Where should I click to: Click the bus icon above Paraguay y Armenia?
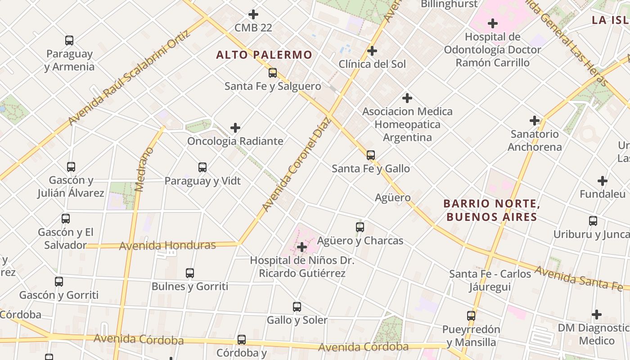click(x=69, y=40)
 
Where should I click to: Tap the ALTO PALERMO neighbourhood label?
click(x=264, y=55)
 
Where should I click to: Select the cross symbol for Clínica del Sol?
click(x=372, y=51)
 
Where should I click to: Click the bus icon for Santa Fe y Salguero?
click(x=273, y=73)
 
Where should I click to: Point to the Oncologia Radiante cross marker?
click(x=235, y=128)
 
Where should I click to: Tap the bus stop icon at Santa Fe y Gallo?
click(x=371, y=155)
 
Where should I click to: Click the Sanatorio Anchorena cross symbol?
click(x=535, y=121)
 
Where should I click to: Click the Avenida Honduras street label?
click(x=167, y=246)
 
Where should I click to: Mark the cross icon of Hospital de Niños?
click(x=302, y=247)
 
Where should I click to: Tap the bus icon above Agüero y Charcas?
click(x=360, y=227)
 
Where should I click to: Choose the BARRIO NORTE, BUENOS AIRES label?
click(x=491, y=210)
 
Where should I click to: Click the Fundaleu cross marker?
click(x=603, y=181)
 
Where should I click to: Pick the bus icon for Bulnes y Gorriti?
click(x=190, y=273)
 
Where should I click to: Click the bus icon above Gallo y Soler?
click(x=297, y=307)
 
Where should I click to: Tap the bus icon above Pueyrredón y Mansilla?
click(x=471, y=316)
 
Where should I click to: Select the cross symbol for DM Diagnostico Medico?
click(x=597, y=315)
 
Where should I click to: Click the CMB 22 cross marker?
click(x=254, y=14)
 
